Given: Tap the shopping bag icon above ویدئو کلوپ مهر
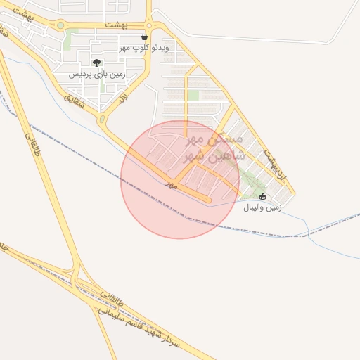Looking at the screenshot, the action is click(x=145, y=37).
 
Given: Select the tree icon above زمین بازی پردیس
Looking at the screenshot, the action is click(x=96, y=63).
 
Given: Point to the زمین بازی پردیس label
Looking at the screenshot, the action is click(x=97, y=74).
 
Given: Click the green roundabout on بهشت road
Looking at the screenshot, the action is click(x=60, y=25).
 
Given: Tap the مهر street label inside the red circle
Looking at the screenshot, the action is click(x=169, y=184).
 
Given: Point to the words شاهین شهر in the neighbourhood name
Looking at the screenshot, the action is click(x=215, y=155).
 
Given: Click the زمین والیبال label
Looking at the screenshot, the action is click(x=262, y=207).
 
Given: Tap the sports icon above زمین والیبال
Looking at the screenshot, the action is click(x=263, y=196).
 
